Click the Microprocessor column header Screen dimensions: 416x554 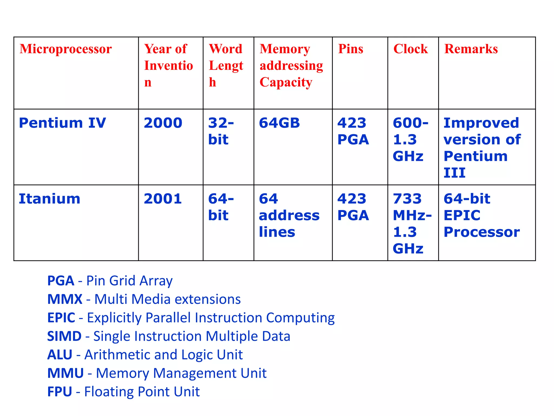(x=65, y=49)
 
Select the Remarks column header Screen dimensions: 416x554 (x=471, y=49)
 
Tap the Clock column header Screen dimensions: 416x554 (x=410, y=49)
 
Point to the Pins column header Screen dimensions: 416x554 (x=351, y=49)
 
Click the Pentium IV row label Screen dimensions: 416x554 (x=62, y=123)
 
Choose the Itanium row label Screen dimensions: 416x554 (x=50, y=199)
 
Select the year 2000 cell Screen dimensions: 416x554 (x=163, y=123)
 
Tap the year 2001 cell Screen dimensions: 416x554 (x=163, y=199)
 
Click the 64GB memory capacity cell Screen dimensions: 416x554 (x=279, y=123)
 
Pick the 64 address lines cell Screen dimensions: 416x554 (x=289, y=215)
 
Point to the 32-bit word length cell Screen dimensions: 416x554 (x=221, y=131)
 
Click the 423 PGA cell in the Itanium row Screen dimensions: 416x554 (x=353, y=207)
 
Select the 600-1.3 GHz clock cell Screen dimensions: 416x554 (x=410, y=139)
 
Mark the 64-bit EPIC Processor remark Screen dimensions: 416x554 (x=482, y=215)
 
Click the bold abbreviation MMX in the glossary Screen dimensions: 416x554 (x=65, y=299)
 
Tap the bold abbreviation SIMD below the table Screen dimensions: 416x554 (x=64, y=336)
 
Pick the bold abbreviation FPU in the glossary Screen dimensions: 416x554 (x=60, y=392)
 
